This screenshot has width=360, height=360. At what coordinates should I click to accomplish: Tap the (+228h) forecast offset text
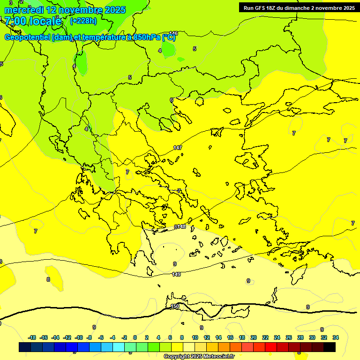click(x=83, y=21)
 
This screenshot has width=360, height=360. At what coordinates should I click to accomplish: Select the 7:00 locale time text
click(x=33, y=21)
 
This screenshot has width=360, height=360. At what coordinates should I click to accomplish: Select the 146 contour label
click(x=173, y=33)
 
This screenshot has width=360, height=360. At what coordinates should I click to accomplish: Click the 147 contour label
click(x=178, y=148)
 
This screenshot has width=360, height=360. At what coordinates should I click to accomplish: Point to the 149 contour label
click(x=176, y=274)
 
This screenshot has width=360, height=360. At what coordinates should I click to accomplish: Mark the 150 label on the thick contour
click(x=175, y=306)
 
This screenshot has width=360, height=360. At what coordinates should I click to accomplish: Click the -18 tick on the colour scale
click(x=32, y=337)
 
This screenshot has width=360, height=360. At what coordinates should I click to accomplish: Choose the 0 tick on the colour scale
click(x=135, y=337)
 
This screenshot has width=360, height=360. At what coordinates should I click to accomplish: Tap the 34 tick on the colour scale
click(x=336, y=337)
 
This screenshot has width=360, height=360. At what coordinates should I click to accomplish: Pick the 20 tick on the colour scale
click(x=253, y=337)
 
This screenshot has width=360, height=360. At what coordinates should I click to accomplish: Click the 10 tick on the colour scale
click(x=195, y=337)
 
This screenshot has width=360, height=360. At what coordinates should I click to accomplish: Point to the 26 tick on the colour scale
click(x=289, y=337)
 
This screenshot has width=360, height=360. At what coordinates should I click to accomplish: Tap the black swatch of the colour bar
click(x=330, y=347)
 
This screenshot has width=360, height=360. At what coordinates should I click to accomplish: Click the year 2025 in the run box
click(x=346, y=8)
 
